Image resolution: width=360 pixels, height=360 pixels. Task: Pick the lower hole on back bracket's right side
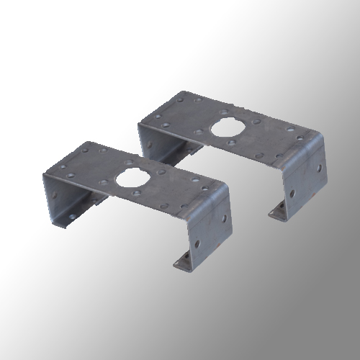tap(294, 193)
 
